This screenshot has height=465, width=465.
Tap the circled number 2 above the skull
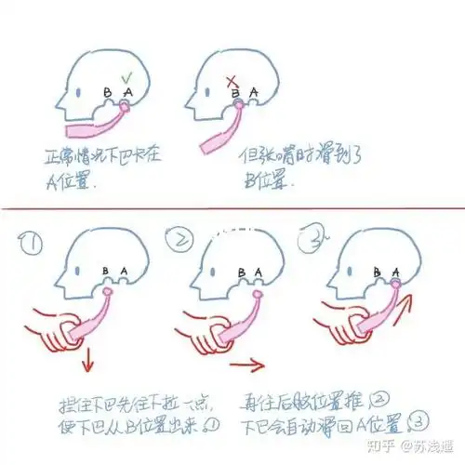pyautogui.click(x=176, y=244)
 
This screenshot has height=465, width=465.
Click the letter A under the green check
pyautogui.click(x=127, y=92)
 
